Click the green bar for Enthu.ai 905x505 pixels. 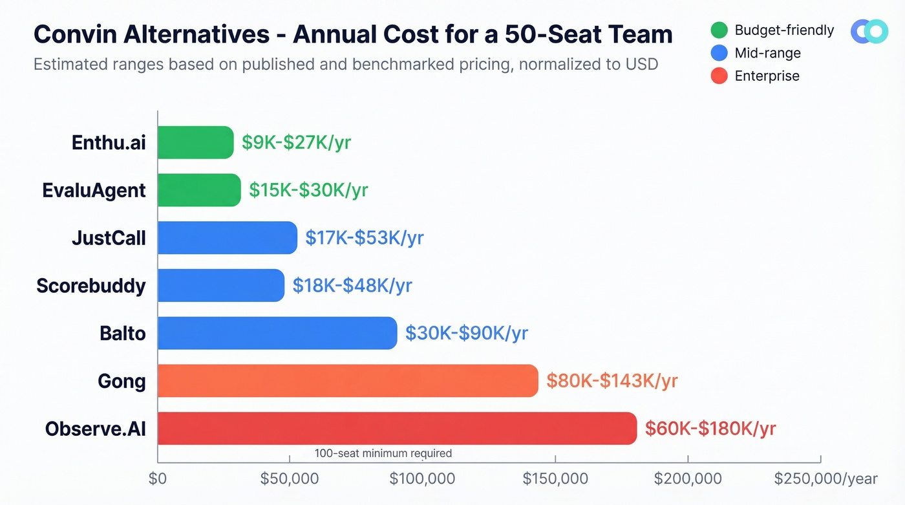coord(195,142)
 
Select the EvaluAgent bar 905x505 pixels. coord(199,190)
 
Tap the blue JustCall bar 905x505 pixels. coord(227,237)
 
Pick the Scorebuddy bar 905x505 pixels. coord(220,285)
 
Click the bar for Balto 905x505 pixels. coord(277,333)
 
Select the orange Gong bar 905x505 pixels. coord(347,381)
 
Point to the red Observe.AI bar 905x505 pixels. coord(397,428)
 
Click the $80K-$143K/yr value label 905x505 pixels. coord(612,381)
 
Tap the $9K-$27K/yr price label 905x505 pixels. coord(296,142)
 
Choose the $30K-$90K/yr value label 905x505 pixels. coord(466,333)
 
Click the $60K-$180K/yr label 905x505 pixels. coord(710,428)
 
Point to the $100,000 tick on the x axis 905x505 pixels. coord(422,479)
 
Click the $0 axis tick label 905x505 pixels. coord(158,479)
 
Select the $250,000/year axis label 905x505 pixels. coord(825,479)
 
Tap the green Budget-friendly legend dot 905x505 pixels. coord(719,30)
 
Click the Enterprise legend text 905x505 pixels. coord(767,76)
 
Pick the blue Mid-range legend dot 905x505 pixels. coord(719,53)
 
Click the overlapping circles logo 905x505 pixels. coord(869,31)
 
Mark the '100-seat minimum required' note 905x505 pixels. coord(383,453)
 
